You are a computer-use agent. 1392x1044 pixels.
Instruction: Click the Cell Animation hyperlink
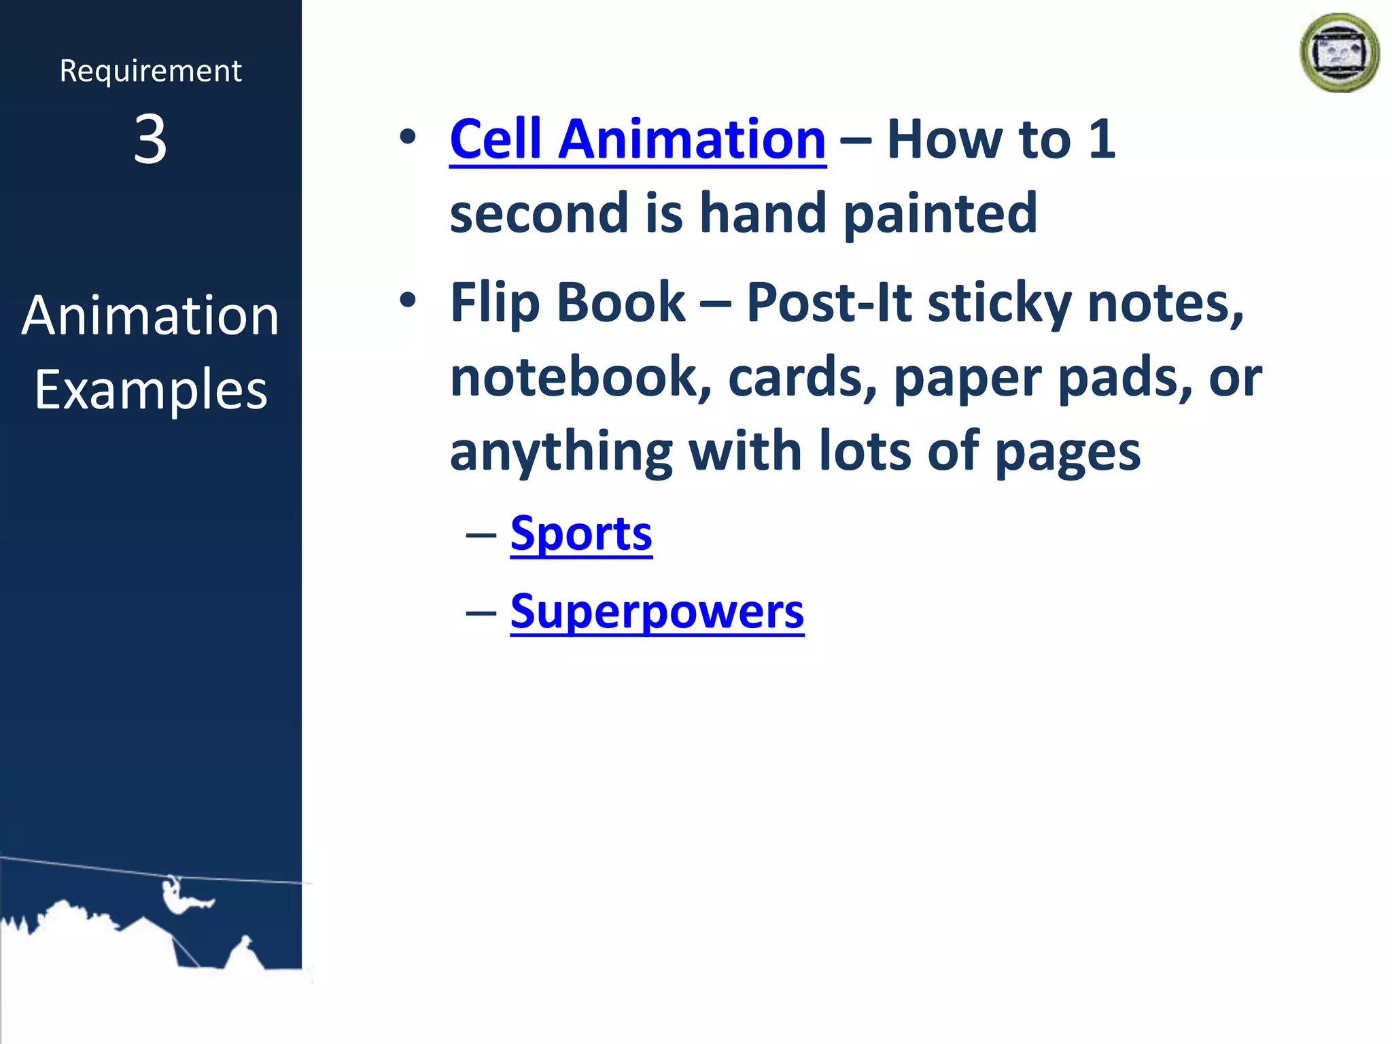point(638,139)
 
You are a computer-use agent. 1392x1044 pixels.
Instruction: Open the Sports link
point(581,534)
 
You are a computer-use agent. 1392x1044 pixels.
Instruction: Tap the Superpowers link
point(657,611)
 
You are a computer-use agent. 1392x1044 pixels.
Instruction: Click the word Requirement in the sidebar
point(150,71)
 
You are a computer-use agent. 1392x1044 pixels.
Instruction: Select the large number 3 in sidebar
point(150,139)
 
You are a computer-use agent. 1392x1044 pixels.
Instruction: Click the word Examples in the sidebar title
point(151,390)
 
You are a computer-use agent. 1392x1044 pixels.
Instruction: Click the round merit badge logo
point(1339,53)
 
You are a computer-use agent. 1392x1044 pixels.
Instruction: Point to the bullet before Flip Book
point(407,300)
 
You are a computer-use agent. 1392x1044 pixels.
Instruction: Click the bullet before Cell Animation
point(407,137)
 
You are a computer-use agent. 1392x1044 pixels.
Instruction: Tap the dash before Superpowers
point(481,612)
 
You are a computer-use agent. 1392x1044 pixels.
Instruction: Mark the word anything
point(561,453)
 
